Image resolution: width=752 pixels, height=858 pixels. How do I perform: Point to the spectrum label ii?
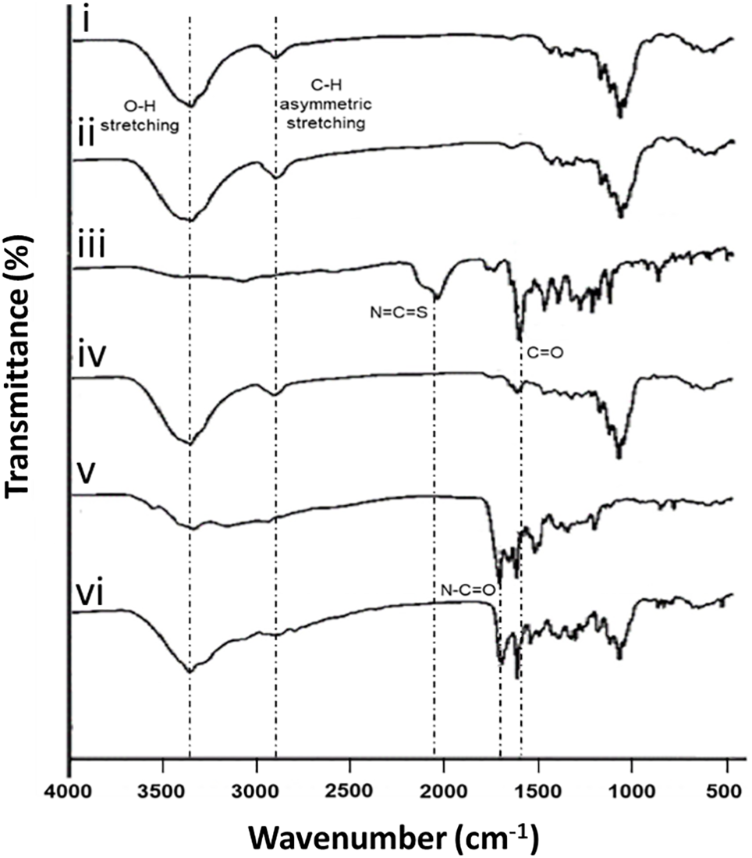click(93, 134)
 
